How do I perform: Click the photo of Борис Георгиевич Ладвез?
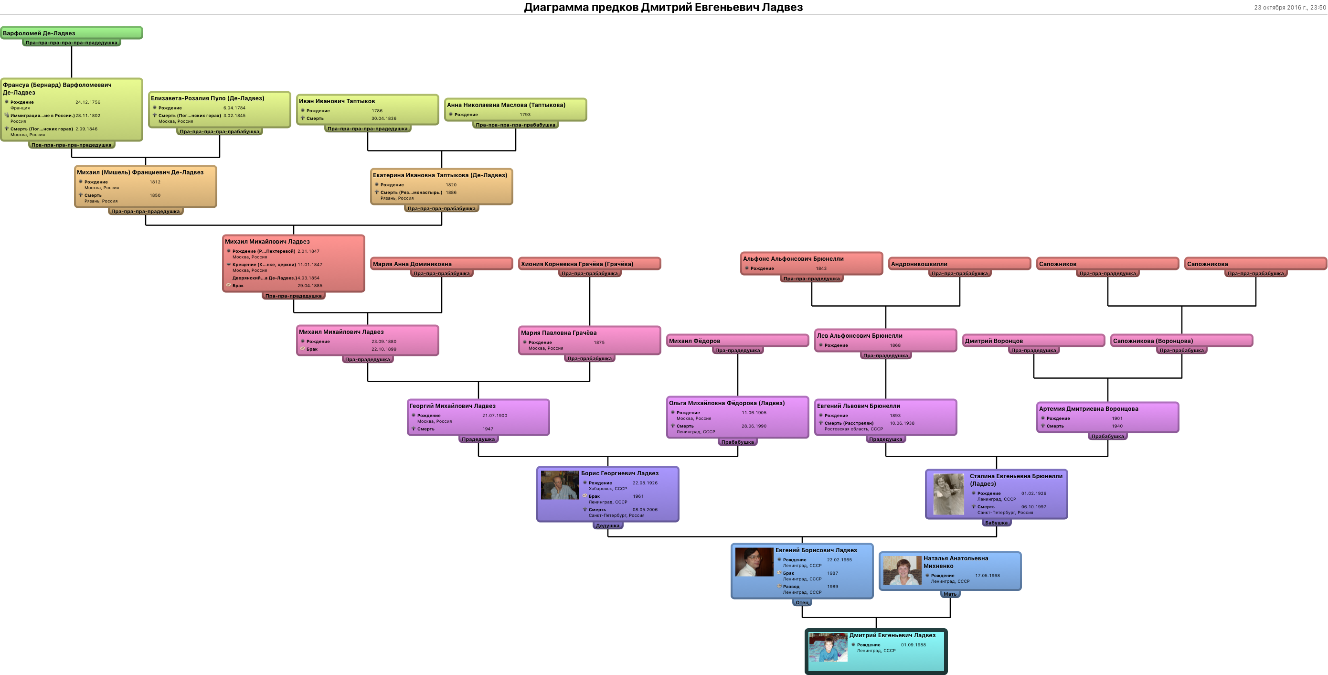559,485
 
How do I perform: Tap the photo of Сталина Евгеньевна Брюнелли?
948,494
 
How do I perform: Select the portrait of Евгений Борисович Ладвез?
754,562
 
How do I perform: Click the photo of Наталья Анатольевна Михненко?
902,570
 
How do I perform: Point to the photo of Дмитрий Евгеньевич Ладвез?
828,647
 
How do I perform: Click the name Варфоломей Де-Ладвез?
39,33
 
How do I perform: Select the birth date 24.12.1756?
88,102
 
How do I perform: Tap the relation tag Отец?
802,602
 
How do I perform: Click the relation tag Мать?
950,594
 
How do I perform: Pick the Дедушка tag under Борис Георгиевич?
607,525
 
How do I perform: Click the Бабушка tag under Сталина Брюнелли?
996,522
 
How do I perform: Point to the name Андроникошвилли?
919,264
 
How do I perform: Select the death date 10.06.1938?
902,423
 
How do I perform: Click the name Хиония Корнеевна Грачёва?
576,264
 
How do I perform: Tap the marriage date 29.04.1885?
309,286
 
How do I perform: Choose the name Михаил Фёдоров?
694,341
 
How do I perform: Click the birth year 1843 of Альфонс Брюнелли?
821,268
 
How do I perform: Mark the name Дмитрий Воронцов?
993,341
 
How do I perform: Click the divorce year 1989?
832,587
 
